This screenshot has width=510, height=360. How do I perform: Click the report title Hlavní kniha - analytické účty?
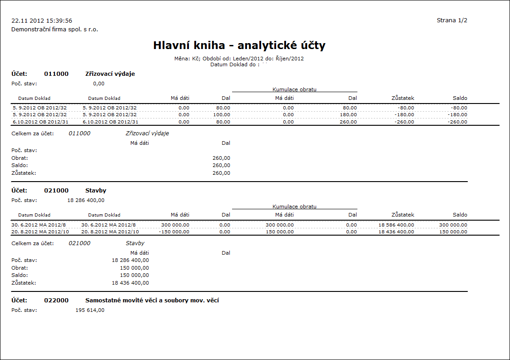pyautogui.click(x=239, y=45)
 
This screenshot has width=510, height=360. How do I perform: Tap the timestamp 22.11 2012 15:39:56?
pyautogui.click(x=42, y=21)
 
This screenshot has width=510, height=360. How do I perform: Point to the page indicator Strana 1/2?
pyautogui.click(x=452, y=20)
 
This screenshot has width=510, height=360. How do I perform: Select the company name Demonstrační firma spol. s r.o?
pyautogui.click(x=54, y=30)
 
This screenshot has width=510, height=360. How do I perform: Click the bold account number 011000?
pyautogui.click(x=56, y=74)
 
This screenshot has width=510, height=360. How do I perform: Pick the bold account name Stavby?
pyautogui.click(x=96, y=191)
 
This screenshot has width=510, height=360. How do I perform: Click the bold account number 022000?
pyautogui.click(x=56, y=301)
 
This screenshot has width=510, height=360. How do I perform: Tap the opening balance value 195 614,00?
pyautogui.click(x=90, y=311)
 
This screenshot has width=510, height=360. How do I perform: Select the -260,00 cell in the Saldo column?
pyautogui.click(x=457, y=122)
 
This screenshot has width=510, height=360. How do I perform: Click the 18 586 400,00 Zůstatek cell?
pyautogui.click(x=396, y=225)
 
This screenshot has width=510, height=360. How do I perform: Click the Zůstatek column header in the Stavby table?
pyautogui.click(x=403, y=215)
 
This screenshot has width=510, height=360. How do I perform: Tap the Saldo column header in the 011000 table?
pyautogui.click(x=460, y=98)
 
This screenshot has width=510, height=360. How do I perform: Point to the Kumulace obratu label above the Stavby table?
pyautogui.click(x=294, y=207)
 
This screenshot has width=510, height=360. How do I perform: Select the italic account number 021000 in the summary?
pyautogui.click(x=79, y=243)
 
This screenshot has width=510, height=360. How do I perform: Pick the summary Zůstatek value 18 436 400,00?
pyautogui.click(x=130, y=283)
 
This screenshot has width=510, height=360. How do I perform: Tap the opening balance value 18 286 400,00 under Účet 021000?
pyautogui.click(x=86, y=200)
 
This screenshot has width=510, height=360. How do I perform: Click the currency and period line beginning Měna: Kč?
pyautogui.click(x=239, y=59)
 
